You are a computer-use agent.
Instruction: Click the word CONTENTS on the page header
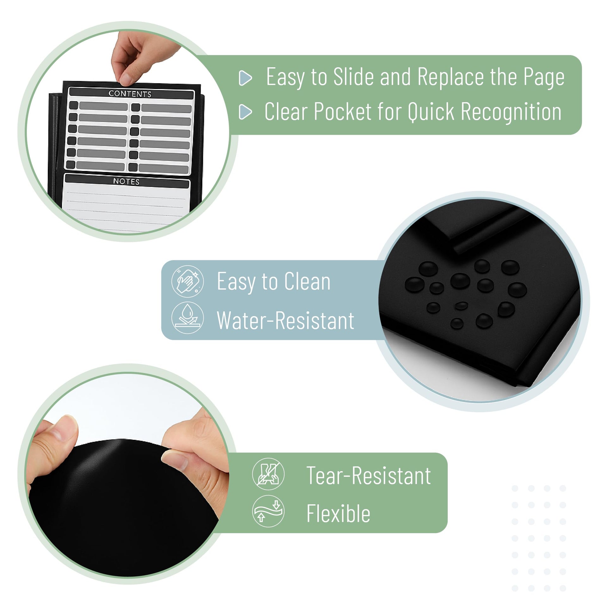(x=130, y=94)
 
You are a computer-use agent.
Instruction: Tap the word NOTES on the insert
(x=126, y=181)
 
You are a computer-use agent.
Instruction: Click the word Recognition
(x=511, y=112)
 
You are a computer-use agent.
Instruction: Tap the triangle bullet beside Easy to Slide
(x=246, y=78)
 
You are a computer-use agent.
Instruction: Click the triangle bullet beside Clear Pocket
(x=246, y=112)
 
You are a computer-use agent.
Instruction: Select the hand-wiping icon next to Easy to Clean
(x=187, y=281)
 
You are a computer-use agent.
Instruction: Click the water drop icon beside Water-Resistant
(x=187, y=318)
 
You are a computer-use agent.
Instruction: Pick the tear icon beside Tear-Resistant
(x=268, y=474)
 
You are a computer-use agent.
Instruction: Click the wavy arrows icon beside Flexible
(x=268, y=511)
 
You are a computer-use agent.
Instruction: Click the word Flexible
(x=338, y=513)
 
